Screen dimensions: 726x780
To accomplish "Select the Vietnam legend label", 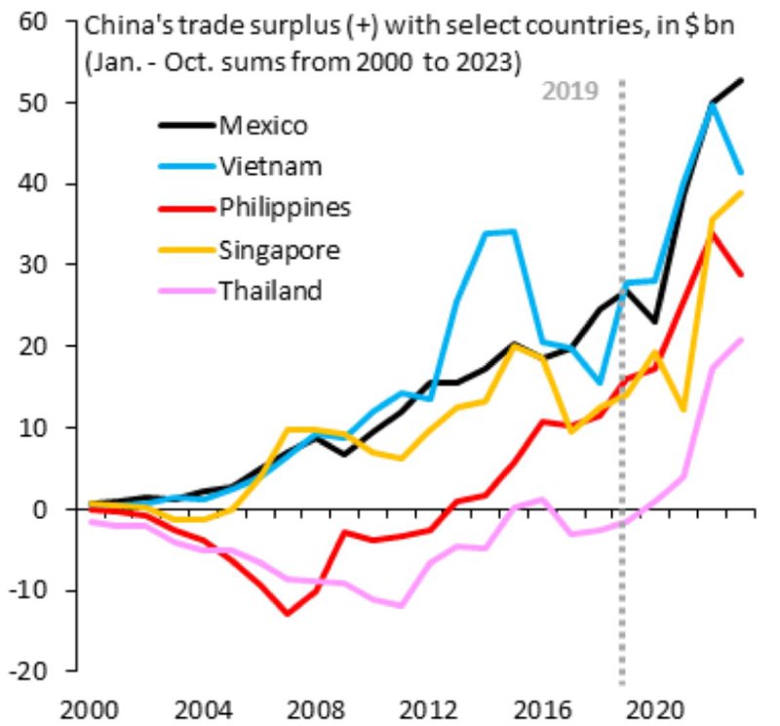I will pos(270,167).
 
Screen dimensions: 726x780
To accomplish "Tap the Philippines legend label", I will pos(285,208).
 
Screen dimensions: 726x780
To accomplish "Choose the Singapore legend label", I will pos(279,250).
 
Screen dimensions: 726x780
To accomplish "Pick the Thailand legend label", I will pos(270,291).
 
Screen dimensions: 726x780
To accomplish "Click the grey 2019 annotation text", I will pos(569,91).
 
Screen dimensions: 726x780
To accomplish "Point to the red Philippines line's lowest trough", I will pos(288,614).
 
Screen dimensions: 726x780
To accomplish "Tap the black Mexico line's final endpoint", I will pos(742,80).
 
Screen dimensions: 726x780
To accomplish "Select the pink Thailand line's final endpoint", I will pos(742,340).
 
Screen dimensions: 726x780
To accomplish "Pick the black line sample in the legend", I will pos(185,126).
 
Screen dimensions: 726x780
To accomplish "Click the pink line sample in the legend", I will pos(185,291).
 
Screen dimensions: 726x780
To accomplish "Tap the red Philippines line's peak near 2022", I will pos(713,235).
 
